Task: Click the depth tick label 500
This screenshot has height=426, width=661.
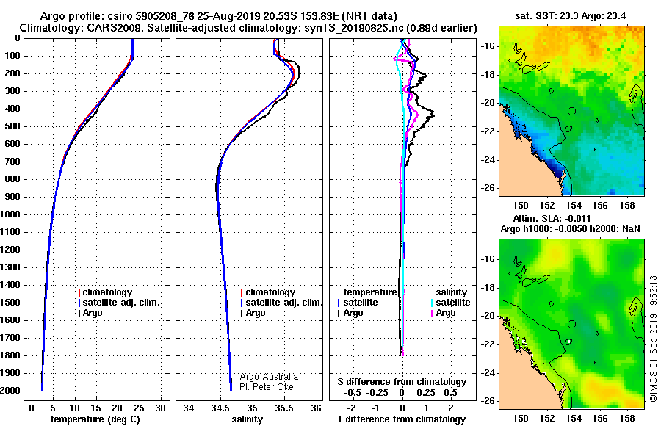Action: pyautogui.click(x=12, y=126)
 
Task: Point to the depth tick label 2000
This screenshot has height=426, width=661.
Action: pyautogui.click(x=10, y=391)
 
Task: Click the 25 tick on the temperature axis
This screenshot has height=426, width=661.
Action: pyautogui.click(x=139, y=408)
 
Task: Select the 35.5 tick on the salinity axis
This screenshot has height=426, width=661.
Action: pyautogui.click(x=284, y=408)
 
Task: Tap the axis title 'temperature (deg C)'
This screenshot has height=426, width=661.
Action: pyautogui.click(x=95, y=419)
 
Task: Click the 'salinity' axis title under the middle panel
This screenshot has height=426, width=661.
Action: pyautogui.click(x=247, y=419)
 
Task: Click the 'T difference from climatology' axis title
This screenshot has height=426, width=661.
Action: pyautogui.click(x=401, y=419)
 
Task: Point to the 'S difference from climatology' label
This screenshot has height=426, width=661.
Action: pyautogui.click(x=402, y=382)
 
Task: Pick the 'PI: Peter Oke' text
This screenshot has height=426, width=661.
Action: pyautogui.click(x=267, y=387)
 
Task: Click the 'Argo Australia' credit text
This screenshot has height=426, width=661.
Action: pyautogui.click(x=269, y=377)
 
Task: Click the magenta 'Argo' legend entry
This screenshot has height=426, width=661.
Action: pyautogui.click(x=443, y=313)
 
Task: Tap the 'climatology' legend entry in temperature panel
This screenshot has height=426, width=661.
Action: pyautogui.click(x=105, y=292)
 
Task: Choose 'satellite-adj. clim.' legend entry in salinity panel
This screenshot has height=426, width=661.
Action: pyautogui.click(x=281, y=303)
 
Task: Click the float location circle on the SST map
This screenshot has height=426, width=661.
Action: pyautogui.click(x=571, y=112)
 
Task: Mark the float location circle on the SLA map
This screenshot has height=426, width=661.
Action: pyautogui.click(x=571, y=324)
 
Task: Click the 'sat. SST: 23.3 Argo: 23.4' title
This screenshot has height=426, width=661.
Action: pyautogui.click(x=571, y=16)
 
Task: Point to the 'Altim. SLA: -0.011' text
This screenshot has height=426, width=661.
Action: pyautogui.click(x=552, y=219)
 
